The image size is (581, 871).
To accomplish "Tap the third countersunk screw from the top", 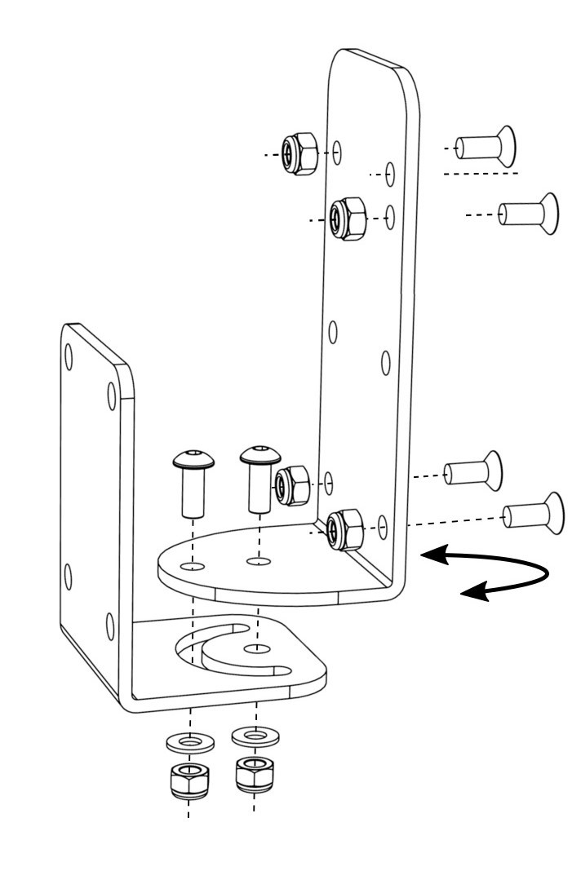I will pyautogui.click(x=474, y=471).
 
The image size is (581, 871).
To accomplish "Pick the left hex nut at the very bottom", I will pyautogui.click(x=190, y=780).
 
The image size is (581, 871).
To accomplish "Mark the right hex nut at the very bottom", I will pyautogui.click(x=255, y=773).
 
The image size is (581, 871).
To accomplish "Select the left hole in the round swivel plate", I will pyautogui.click(x=193, y=565).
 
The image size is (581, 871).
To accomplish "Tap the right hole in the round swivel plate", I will pyautogui.click(x=259, y=561).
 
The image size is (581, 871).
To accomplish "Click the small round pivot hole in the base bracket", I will pyautogui.click(x=257, y=648).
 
